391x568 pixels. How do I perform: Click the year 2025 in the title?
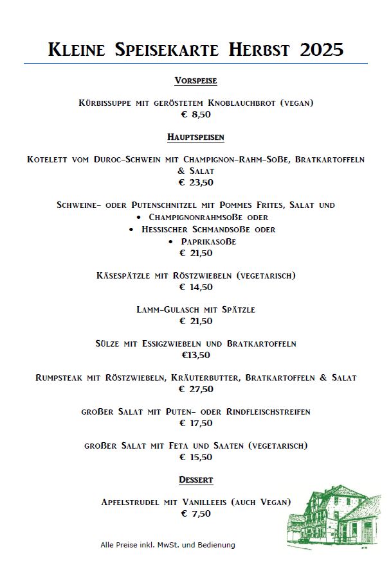click(x=322, y=49)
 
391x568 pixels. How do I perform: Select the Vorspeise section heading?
click(x=195, y=81)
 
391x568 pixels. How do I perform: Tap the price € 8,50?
click(x=195, y=114)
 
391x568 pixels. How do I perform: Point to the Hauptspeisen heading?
click(x=195, y=137)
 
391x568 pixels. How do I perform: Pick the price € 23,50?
click(x=195, y=182)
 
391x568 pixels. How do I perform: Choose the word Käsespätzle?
click(x=122, y=276)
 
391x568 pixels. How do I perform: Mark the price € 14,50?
click(x=195, y=287)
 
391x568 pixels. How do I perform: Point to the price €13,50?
click(x=195, y=354)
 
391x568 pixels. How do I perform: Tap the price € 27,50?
click(x=195, y=388)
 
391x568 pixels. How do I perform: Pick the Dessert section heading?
click(x=195, y=479)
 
